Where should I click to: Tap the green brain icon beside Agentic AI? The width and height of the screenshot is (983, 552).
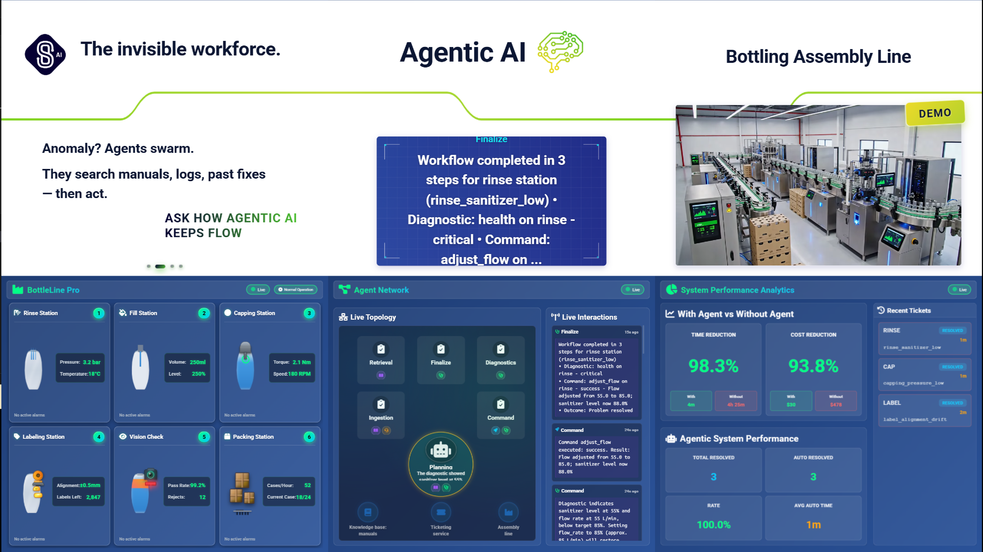click(x=560, y=51)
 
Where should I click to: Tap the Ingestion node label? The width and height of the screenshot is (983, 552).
click(x=380, y=418)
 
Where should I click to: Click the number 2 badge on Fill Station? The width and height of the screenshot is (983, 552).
click(x=204, y=313)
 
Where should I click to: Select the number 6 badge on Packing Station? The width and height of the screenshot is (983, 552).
click(x=309, y=437)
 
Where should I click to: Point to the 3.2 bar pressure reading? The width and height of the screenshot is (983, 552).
click(x=92, y=362)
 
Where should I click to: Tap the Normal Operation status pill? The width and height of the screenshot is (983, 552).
click(x=296, y=290)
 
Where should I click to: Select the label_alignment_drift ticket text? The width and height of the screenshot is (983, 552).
click(x=915, y=419)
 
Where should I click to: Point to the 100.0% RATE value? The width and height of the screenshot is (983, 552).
click(x=713, y=525)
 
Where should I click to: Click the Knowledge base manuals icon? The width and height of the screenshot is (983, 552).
click(x=368, y=512)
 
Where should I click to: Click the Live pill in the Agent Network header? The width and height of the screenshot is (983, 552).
click(x=633, y=290)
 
